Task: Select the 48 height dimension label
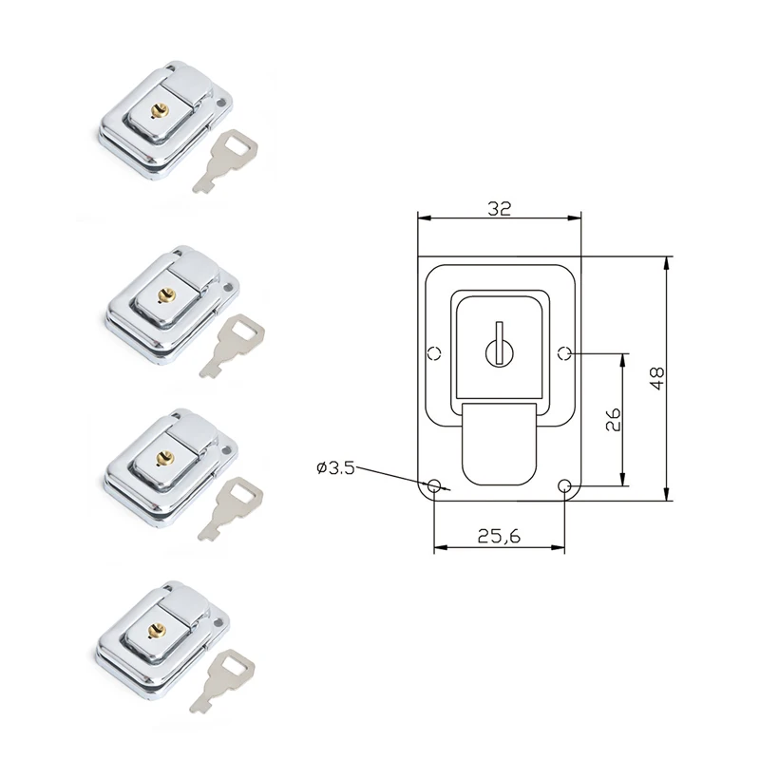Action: [x=655, y=377]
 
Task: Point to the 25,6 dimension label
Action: [x=499, y=536]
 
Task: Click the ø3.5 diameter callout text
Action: [x=334, y=467]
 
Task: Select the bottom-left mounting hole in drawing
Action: [x=434, y=486]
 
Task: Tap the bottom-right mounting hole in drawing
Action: [x=565, y=486]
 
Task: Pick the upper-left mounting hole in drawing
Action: [x=434, y=354]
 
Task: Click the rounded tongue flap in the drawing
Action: [x=499, y=446]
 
